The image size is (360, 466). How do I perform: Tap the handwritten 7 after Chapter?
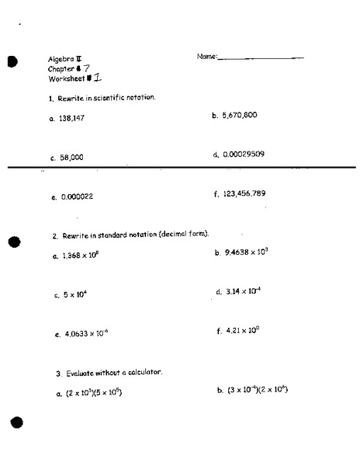(x=88, y=68)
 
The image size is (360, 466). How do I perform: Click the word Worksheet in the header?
(x=65, y=78)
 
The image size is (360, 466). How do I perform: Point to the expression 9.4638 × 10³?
(x=246, y=252)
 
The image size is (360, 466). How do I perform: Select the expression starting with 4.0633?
(x=85, y=335)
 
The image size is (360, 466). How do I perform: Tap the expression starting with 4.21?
(x=242, y=331)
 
